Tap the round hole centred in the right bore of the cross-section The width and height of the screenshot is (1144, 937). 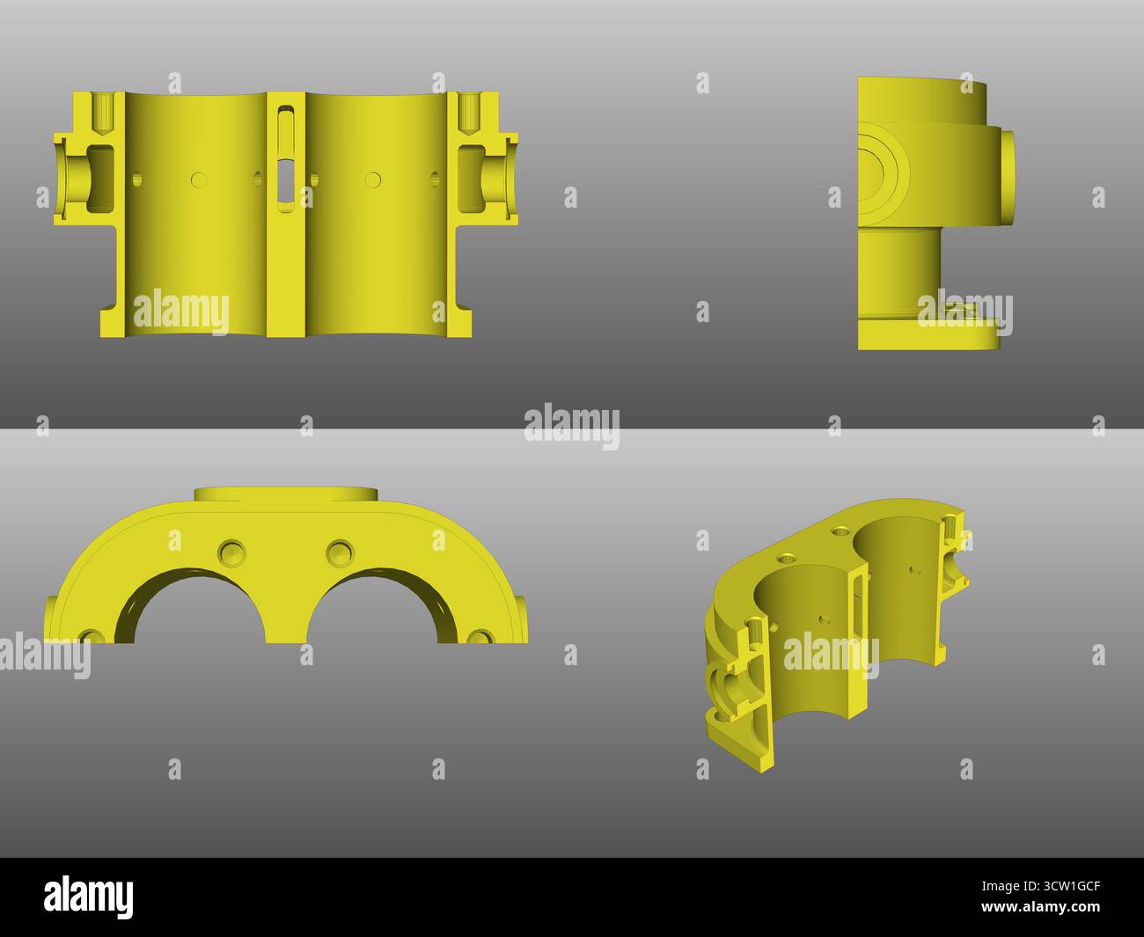[373, 179]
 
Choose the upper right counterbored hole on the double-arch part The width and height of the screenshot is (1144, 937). [340, 553]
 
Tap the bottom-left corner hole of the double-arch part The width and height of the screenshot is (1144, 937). [90, 637]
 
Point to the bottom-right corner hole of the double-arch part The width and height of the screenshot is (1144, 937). [480, 637]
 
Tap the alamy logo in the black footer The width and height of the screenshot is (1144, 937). [89, 896]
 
